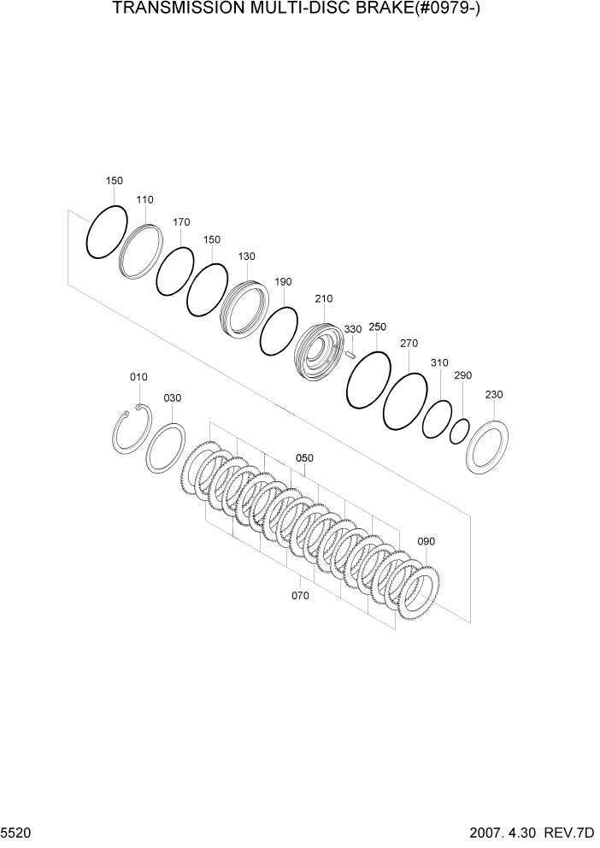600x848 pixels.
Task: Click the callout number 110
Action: click(144, 200)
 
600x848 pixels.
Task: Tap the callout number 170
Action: click(180, 222)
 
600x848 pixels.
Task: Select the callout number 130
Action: click(247, 256)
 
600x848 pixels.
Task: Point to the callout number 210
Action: click(323, 298)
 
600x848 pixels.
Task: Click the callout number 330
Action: click(353, 328)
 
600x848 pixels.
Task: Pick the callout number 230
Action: click(494, 395)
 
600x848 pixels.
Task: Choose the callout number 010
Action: click(138, 377)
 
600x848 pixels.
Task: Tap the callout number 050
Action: click(304, 458)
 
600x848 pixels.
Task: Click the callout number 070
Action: click(301, 596)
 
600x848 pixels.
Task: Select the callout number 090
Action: click(426, 542)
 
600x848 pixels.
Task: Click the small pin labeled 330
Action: click(350, 348)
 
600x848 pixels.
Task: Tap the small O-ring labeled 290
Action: click(460, 431)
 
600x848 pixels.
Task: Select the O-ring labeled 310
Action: click(438, 417)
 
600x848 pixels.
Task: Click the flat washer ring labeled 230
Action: click(487, 446)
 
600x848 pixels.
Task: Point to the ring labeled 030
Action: click(165, 447)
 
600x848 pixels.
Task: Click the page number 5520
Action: click(16, 832)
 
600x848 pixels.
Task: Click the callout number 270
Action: click(409, 344)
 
